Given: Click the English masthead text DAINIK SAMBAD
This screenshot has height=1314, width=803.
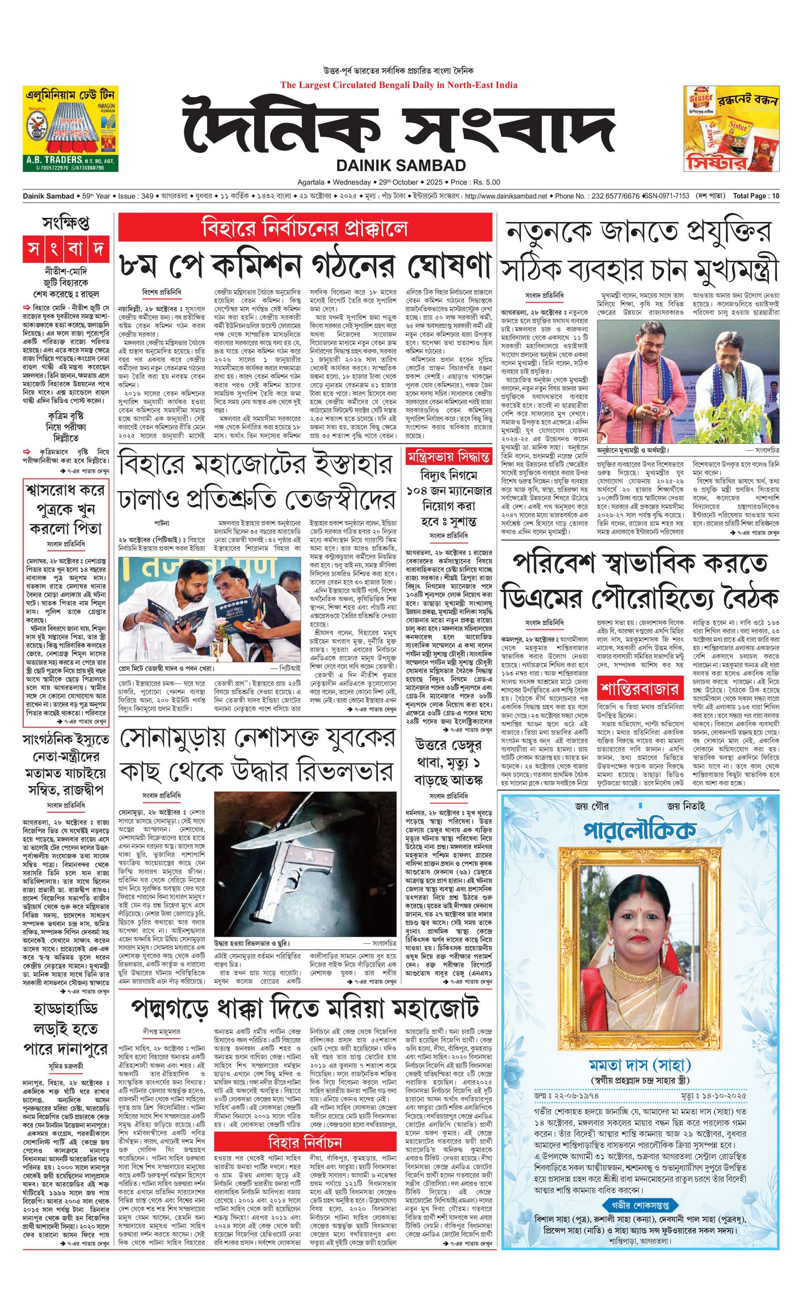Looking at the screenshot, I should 401,165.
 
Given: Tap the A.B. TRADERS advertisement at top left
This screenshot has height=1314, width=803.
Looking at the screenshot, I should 70,129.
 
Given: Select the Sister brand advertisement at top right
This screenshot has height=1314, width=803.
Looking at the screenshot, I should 731,129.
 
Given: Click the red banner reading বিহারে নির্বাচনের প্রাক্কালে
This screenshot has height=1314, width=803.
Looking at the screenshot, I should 305,228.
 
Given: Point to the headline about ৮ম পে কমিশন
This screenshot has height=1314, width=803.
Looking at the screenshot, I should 305,264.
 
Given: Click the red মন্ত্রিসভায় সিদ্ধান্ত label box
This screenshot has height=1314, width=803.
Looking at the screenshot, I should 448,456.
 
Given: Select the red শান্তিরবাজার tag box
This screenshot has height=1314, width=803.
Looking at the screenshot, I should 640,690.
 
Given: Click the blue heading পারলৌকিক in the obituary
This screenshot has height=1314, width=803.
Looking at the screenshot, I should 640,829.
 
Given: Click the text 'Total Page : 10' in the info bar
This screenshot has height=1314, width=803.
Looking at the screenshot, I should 756,196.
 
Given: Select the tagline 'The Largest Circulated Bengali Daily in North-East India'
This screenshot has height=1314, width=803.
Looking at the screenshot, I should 398,85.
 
